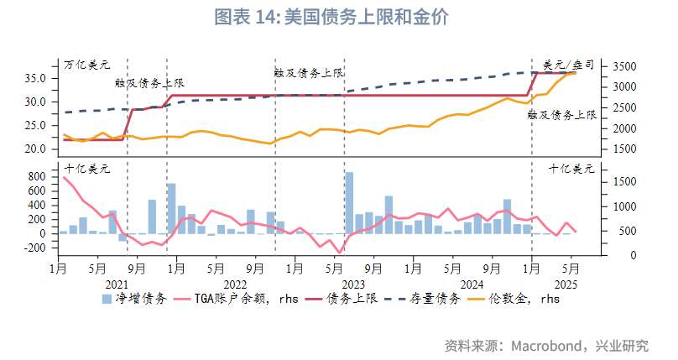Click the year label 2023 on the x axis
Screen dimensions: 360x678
[353, 284]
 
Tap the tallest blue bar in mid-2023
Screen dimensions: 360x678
[349, 202]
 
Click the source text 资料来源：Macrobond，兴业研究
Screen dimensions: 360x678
[547, 345]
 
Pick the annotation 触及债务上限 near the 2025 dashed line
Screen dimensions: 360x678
[561, 114]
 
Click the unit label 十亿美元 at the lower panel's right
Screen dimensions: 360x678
[571, 168]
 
